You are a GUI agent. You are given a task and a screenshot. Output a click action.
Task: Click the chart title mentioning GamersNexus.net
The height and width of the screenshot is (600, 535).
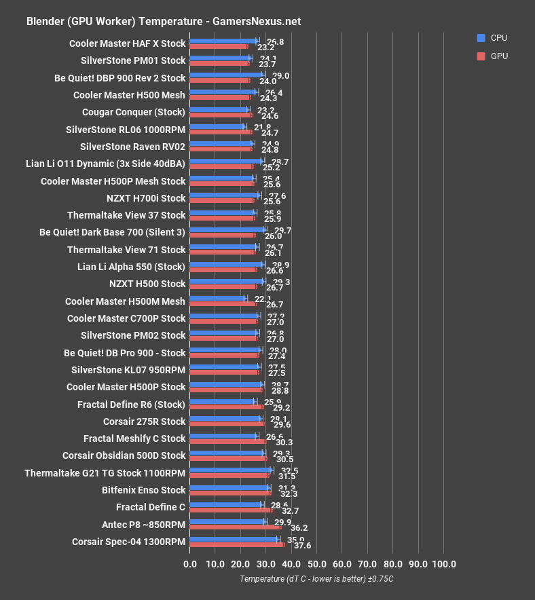(x=163, y=21)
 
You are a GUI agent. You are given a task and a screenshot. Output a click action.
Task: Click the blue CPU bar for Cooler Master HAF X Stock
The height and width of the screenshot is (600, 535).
(x=223, y=41)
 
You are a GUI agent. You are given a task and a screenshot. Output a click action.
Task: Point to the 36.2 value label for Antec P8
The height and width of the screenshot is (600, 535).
(x=299, y=527)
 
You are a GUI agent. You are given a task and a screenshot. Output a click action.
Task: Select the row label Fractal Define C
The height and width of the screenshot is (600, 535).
(x=150, y=507)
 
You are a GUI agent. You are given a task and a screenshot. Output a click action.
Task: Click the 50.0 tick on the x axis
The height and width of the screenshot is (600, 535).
(x=316, y=564)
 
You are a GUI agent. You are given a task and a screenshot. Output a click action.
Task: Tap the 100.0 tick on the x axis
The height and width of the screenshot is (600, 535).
(x=443, y=564)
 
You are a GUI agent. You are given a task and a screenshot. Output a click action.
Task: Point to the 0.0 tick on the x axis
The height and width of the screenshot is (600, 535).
(x=190, y=564)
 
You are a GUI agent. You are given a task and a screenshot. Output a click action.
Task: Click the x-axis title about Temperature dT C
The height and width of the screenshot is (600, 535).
(x=316, y=579)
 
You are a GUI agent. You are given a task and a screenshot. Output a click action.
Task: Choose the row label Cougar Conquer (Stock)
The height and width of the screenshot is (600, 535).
(x=133, y=112)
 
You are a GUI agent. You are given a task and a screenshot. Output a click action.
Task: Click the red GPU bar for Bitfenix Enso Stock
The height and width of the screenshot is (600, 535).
(x=230, y=493)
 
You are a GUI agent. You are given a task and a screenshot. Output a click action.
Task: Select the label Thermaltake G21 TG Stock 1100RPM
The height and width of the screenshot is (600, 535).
(x=105, y=472)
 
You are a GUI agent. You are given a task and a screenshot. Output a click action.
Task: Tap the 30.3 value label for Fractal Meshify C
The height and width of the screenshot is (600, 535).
(x=284, y=442)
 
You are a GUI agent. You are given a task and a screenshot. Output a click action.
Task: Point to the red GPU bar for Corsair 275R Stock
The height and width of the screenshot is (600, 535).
(x=227, y=424)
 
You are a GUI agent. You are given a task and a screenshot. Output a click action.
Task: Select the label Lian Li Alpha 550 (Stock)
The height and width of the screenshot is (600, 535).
(x=131, y=267)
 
